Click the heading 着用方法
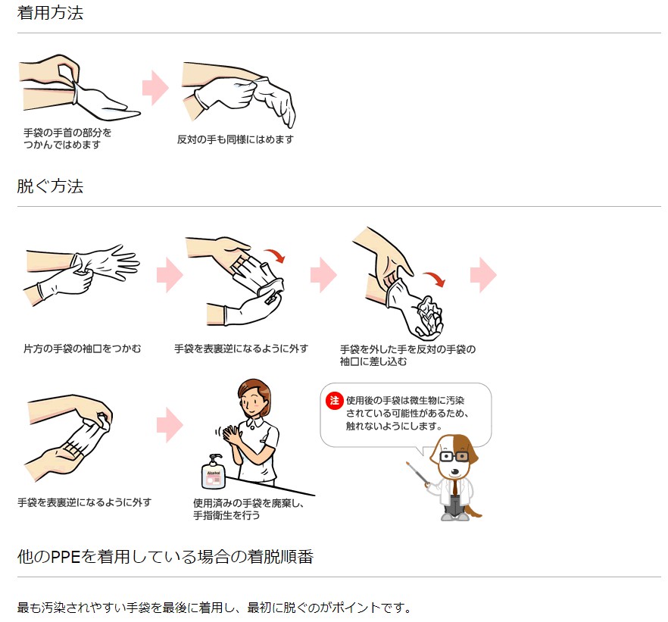pos(50,13)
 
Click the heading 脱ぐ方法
pos(50,186)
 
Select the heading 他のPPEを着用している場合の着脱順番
pos(165,556)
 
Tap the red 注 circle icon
pos(335,401)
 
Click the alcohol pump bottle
pos(214,471)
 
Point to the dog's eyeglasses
pos(454,457)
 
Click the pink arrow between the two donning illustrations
pos(155,88)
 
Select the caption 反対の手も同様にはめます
pos(235,139)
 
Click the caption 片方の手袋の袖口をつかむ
pos(83,349)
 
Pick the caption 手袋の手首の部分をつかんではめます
pos(67,139)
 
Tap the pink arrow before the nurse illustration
pos(170,425)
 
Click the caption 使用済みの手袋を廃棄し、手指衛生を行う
pos(248,509)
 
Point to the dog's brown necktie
pos(455,488)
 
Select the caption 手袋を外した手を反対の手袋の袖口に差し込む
pos(407,355)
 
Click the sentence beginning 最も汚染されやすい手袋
pos(214,607)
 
